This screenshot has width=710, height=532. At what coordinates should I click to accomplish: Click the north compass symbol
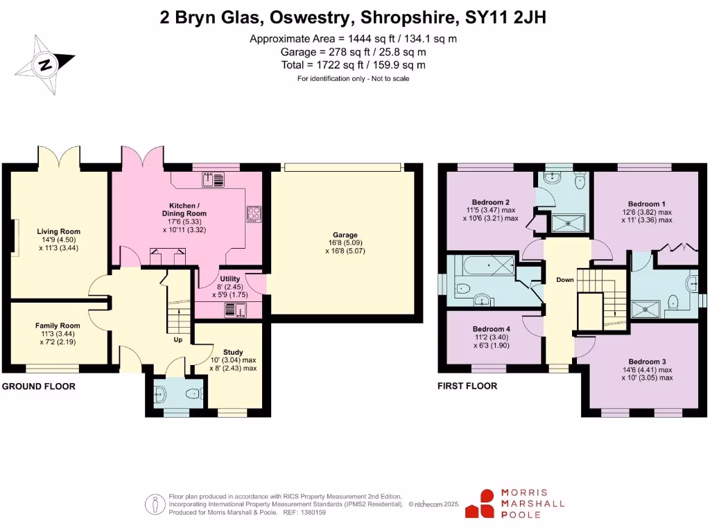45,66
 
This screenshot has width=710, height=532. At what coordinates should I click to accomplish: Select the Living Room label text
59,231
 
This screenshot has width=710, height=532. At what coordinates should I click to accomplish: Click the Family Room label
58,326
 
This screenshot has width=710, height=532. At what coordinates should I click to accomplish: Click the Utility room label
230,278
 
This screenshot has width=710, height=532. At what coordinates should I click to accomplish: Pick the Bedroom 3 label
647,362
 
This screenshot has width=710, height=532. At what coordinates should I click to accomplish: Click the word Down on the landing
565,281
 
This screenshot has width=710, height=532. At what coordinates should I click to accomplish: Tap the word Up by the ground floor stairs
178,339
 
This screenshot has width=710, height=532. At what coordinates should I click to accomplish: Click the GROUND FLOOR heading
38,386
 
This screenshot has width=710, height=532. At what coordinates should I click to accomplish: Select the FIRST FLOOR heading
467,386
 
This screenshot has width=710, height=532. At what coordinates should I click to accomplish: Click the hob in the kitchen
253,214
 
